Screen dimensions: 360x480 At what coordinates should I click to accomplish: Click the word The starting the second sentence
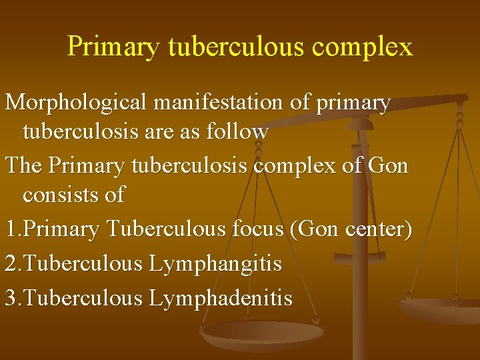pyautogui.click(x=23, y=165)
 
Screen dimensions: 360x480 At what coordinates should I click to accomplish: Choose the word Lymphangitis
pyautogui.click(x=215, y=263)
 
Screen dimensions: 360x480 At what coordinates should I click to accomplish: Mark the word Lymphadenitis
pyautogui.click(x=220, y=297)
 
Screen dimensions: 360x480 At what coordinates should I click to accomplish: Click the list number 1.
pyautogui.click(x=11, y=229)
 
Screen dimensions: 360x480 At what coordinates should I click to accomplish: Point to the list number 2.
pyautogui.click(x=11, y=263)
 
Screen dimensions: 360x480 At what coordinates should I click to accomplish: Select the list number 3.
pyautogui.click(x=11, y=297)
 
